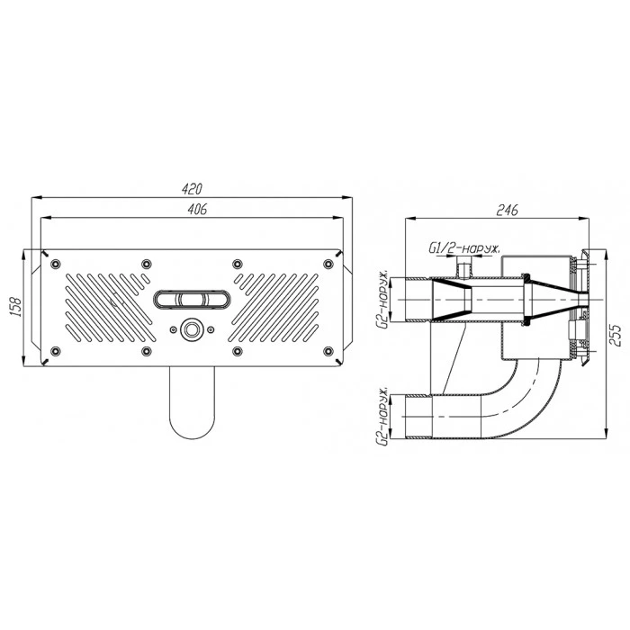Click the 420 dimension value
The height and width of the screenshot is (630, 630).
pos(192,189)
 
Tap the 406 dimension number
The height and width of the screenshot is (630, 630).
pos(197,209)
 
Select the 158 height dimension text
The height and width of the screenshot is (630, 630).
pos(15,308)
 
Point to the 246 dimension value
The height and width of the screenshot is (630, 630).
pos(508,210)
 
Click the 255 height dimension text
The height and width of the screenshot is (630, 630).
pos(615,336)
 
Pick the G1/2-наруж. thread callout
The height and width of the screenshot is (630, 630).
pos(464,248)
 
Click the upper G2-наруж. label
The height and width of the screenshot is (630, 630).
pos(384,300)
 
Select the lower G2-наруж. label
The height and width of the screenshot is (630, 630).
pos(383,417)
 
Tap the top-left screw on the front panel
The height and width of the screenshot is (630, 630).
pos(56,264)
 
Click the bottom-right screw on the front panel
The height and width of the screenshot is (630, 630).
pos(328,351)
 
